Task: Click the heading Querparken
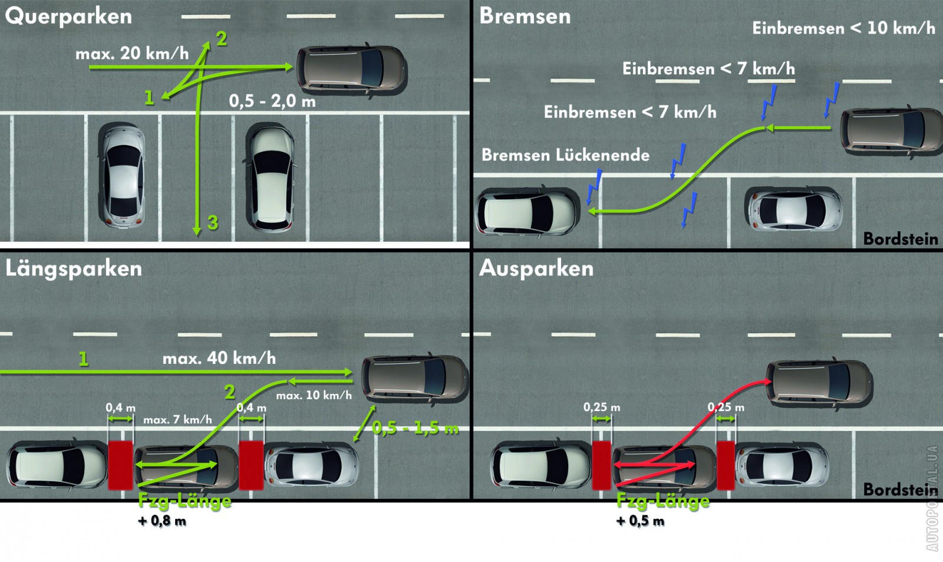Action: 68,17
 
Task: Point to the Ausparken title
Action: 536,269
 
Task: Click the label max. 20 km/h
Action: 132,54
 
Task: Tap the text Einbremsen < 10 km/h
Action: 843,28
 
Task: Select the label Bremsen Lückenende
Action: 565,155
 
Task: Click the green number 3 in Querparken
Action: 213,222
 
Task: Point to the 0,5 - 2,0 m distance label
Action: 272,101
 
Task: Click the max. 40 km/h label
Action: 219,358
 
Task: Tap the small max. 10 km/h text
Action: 314,395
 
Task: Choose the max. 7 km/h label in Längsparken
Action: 177,420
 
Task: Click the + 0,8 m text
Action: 162,521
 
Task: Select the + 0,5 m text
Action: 640,521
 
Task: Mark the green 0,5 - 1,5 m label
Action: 415,429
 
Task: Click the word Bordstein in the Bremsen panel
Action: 901,239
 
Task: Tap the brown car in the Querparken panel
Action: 352,70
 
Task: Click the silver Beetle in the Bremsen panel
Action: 793,209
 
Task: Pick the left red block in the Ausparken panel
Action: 602,465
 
